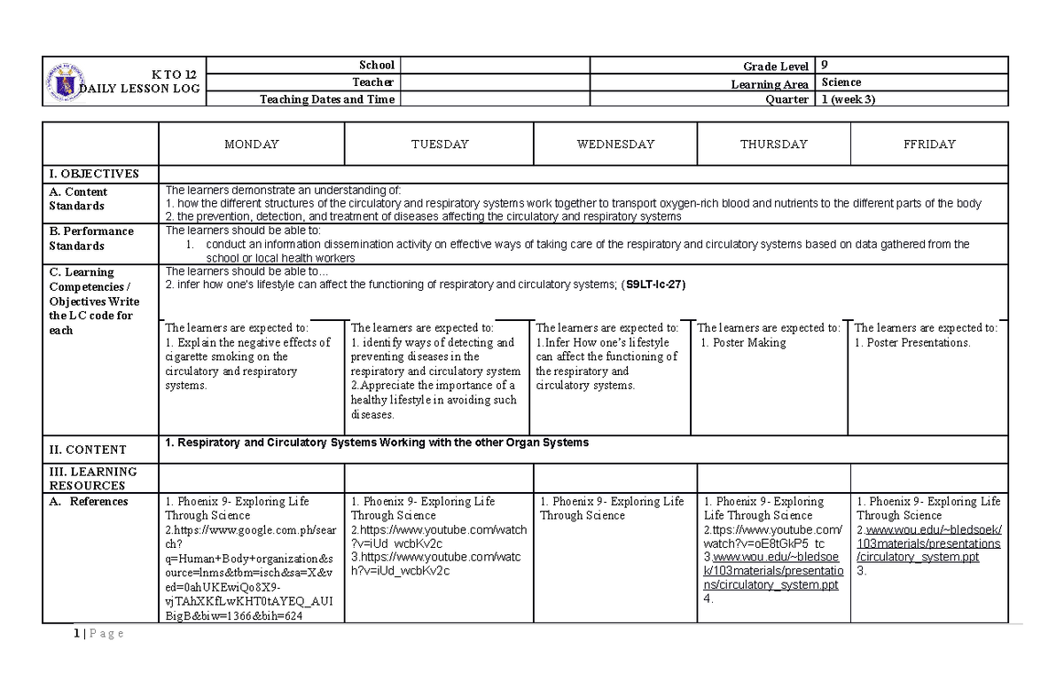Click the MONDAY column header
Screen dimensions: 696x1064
click(251, 144)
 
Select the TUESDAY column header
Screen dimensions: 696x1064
click(440, 144)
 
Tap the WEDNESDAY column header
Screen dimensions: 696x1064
click(615, 144)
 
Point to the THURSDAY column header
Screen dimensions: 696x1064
click(773, 144)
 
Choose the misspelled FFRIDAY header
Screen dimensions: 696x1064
click(928, 144)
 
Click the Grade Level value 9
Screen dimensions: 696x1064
click(825, 65)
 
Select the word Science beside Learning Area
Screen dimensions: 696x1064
click(841, 82)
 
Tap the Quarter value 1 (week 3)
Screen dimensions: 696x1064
click(849, 99)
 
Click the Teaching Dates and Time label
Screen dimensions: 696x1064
click(326, 99)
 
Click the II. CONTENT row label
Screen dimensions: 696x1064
click(88, 450)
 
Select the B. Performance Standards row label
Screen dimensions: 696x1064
click(91, 239)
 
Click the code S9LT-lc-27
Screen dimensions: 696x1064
click(654, 285)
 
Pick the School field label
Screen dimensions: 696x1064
click(376, 65)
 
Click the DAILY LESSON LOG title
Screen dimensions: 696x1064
click(142, 89)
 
